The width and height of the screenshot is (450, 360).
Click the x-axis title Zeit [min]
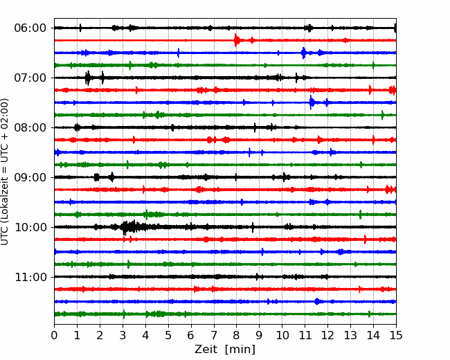pyautogui.click(x=225, y=350)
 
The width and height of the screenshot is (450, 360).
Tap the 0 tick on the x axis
pyautogui.click(x=55, y=336)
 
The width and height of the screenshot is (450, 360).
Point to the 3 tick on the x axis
pyautogui.click(x=123, y=336)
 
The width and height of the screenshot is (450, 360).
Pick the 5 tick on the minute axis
pyautogui.click(x=168, y=336)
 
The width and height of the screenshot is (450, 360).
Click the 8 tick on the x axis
pyautogui.click(x=237, y=336)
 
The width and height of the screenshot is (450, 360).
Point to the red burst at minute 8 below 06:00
pyautogui.click(x=237, y=40)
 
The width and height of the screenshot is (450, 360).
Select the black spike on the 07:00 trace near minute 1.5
pyautogui.click(x=88, y=78)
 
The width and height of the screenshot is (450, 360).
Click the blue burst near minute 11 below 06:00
pyautogui.click(x=304, y=53)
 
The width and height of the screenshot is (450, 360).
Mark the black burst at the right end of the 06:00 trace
pyautogui.click(x=395, y=28)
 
